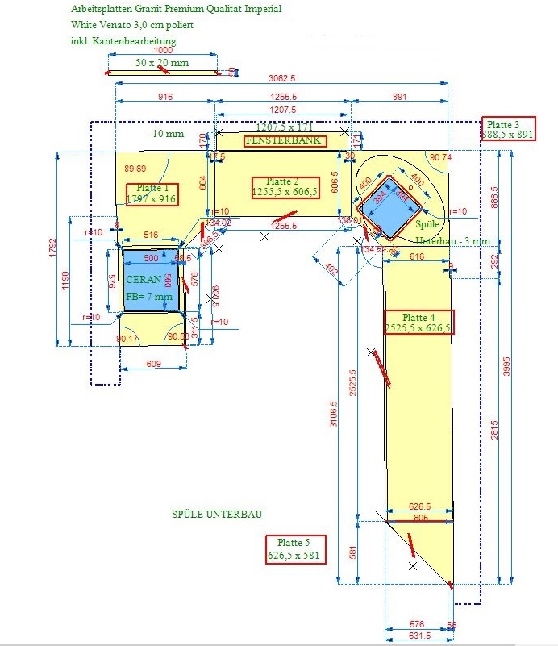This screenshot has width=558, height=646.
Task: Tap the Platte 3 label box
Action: point(509,129)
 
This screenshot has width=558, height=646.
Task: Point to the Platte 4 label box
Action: point(418,322)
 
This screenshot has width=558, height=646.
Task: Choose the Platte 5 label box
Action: point(294,549)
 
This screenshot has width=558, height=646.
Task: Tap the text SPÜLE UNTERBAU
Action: point(217,514)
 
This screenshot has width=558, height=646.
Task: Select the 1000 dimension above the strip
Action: point(163,50)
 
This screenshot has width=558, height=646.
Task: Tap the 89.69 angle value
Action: point(135,169)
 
